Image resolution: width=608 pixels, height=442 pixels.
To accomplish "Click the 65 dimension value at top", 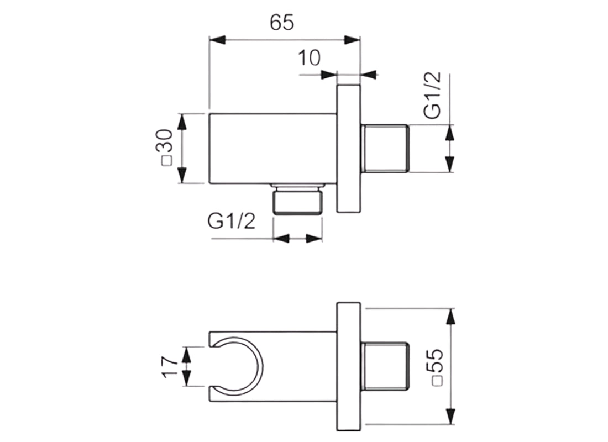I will [282, 22].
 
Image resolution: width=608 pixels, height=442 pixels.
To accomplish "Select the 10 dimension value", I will [309, 57].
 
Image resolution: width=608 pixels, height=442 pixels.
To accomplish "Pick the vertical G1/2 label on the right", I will [432, 95].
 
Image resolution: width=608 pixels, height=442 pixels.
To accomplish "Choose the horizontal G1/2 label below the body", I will [232, 222].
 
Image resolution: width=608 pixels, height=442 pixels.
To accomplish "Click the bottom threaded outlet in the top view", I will [298, 200].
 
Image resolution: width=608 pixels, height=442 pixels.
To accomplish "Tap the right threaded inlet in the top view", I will [385, 148].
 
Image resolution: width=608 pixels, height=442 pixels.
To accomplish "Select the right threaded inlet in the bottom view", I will [385, 366].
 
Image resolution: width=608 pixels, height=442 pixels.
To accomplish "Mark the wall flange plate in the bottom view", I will [348, 366].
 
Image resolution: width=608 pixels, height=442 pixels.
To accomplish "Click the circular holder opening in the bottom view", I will [238, 365].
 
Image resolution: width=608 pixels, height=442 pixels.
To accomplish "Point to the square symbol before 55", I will [437, 381].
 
